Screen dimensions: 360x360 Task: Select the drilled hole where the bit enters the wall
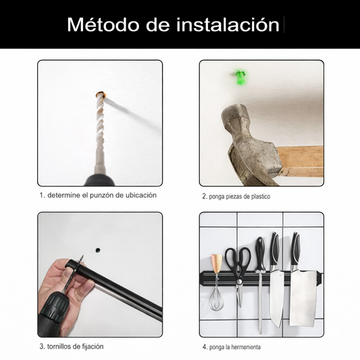100,95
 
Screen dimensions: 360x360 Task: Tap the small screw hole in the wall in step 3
97,249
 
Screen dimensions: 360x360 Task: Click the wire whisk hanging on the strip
217,297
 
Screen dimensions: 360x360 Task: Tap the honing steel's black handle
259,253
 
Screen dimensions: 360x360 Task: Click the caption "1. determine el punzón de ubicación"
98,195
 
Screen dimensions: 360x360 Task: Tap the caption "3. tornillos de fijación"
71,346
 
